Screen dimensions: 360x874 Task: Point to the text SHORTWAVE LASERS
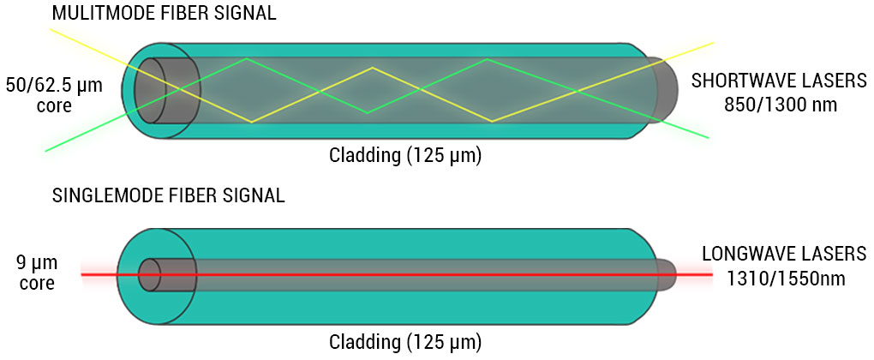[779, 81]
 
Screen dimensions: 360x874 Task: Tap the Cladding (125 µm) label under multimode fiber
[404, 155]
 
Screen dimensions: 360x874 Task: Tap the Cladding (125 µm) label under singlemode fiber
[404, 340]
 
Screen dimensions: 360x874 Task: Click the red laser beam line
[428, 274]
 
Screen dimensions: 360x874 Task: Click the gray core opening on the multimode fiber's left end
[164, 92]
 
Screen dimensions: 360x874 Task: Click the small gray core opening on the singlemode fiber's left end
[149, 274]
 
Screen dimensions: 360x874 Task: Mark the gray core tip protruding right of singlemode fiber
[667, 274]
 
